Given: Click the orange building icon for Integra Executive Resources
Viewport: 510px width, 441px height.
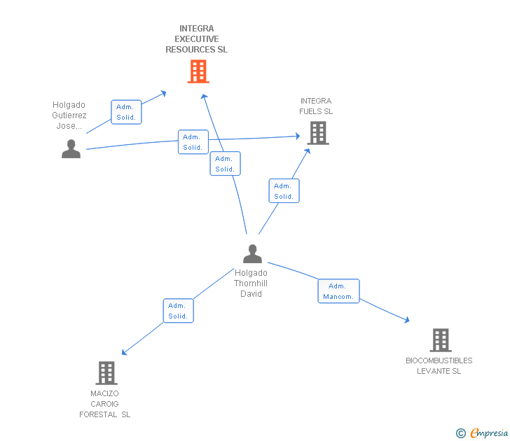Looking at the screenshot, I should tap(198, 71).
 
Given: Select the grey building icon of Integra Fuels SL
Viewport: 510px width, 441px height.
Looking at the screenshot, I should tap(317, 133).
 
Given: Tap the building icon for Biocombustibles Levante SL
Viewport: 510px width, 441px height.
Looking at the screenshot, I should tap(440, 340).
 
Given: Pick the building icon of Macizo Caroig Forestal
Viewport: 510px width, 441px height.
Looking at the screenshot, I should tap(106, 373).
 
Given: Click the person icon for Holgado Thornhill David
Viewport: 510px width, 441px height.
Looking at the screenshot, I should tap(252, 254).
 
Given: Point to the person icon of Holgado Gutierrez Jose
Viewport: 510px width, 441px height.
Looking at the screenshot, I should tap(71, 149).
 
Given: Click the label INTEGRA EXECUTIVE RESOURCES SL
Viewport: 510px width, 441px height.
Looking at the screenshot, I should tap(196, 39).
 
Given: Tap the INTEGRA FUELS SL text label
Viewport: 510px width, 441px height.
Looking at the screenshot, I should tap(316, 106).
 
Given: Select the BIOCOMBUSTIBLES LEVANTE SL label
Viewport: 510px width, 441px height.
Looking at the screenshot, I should tap(439, 366).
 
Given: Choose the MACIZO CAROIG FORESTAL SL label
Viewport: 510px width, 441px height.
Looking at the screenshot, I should tap(105, 404).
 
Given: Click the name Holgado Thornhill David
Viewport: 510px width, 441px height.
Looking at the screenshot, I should tap(251, 283).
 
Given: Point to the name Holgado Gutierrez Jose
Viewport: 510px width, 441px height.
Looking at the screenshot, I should tap(69, 115).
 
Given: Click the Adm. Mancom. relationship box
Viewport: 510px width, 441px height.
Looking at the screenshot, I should tap(338, 291).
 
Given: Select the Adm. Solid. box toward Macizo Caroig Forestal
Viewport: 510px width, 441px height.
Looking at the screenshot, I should tap(178, 311).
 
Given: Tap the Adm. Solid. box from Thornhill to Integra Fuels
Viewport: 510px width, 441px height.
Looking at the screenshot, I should tap(284, 191).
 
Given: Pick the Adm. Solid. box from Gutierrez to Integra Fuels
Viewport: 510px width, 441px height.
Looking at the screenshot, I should tap(193, 142).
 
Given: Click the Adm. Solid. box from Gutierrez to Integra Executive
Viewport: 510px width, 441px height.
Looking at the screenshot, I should tap(126, 112).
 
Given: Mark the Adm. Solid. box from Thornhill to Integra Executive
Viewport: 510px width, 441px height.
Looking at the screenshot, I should tap(225, 164).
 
